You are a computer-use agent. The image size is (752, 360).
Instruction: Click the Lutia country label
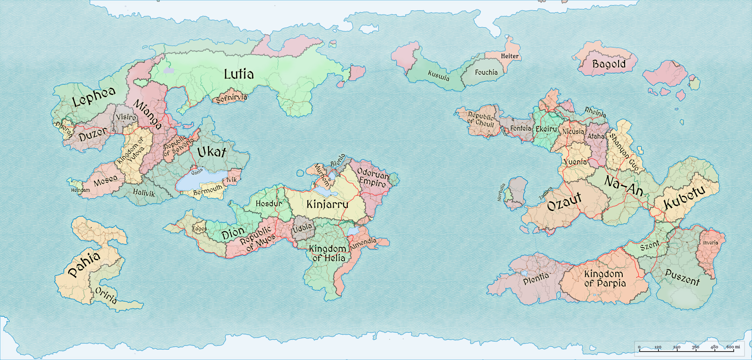point(239,74)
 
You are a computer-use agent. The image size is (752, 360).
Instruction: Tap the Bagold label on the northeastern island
point(609,64)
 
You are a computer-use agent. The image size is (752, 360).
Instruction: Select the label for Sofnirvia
point(231,98)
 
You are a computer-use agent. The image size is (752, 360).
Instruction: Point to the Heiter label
point(509,56)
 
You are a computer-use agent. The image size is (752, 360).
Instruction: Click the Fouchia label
point(486,72)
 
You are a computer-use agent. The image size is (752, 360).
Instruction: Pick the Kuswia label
point(439,75)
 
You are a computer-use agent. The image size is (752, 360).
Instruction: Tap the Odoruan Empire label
point(373,177)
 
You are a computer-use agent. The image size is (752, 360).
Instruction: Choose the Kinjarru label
point(327,204)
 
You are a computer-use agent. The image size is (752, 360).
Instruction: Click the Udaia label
point(302,228)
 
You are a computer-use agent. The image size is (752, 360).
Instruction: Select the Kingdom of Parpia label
point(604,278)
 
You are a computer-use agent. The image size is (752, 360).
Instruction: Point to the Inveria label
point(710,243)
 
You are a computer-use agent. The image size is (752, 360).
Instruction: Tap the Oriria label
point(106,295)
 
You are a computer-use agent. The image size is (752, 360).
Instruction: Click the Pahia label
point(84,263)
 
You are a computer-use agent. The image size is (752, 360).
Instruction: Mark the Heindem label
point(80,190)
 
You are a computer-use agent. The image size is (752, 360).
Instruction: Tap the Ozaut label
point(564,202)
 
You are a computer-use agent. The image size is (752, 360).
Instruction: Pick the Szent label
point(650,245)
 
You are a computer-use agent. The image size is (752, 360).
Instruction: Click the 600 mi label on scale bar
point(733,347)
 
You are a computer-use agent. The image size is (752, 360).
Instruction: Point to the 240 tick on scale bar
point(677,350)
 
